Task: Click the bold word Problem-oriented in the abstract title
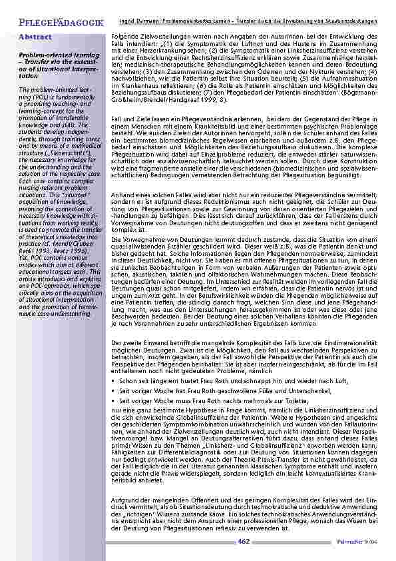[39, 52]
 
